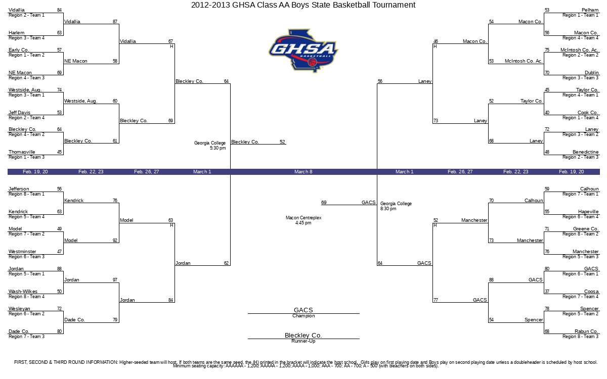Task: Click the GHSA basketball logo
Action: pos(303,51)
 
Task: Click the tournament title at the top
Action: pos(303,5)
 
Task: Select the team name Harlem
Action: pos(17,33)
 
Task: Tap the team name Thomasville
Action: pos(22,152)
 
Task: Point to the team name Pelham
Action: pos(590,10)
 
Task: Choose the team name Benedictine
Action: pos(585,152)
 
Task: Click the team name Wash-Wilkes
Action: pos(23,291)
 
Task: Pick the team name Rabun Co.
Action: pos(586,331)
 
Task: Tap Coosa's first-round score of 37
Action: pos(547,291)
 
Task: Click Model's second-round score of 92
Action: pos(115,240)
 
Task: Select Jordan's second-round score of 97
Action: pos(115,279)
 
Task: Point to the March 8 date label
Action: pos(303,172)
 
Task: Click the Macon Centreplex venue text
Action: pos(303,220)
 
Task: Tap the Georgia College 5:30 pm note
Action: pos(210,146)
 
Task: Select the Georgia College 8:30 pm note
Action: pos(396,206)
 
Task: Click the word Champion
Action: pos(303,316)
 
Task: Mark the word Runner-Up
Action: pos(303,341)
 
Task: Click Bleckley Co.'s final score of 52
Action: pos(282,141)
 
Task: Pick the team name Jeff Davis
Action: pos(20,112)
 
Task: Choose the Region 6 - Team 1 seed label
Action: pos(580,274)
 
